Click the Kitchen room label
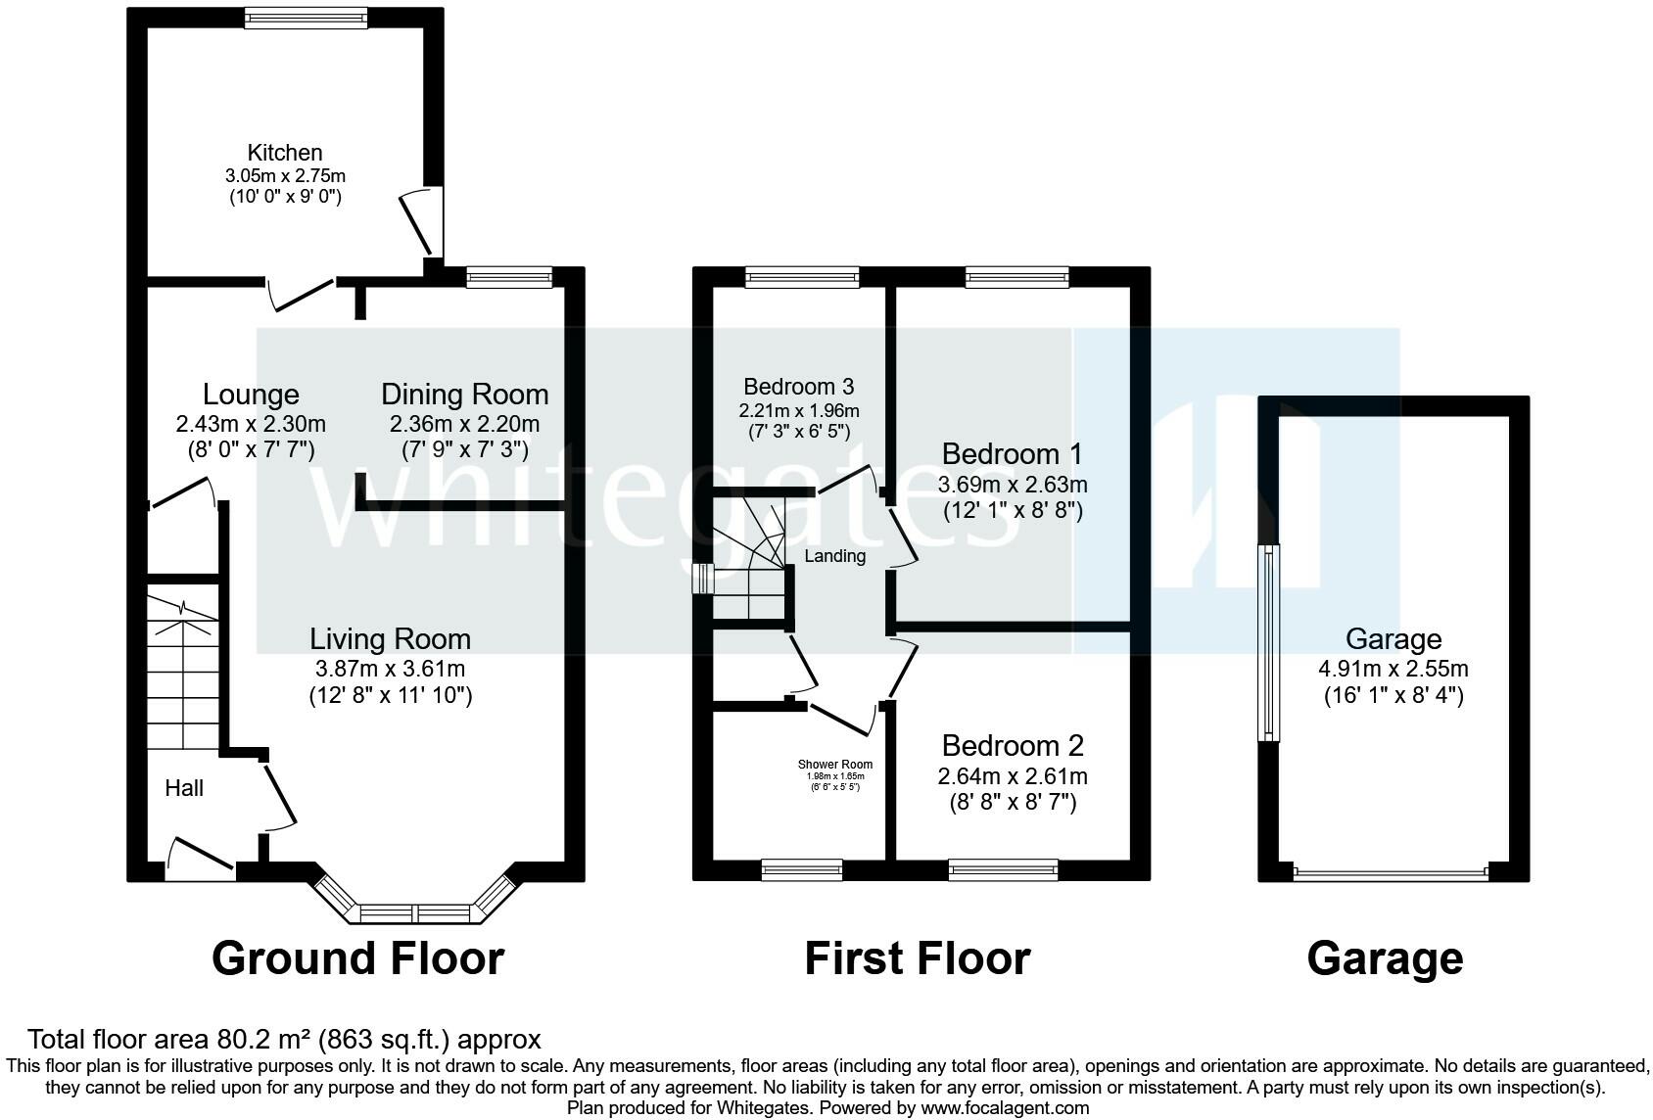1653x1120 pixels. point(284,153)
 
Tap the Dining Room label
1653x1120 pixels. point(464,395)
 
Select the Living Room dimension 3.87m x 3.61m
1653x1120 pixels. point(390,670)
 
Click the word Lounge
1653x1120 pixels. point(251,395)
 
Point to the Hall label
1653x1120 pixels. point(184,788)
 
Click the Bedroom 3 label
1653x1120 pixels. point(798,386)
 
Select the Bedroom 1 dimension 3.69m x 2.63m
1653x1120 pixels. point(1013,485)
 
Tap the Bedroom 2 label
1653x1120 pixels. point(1013,746)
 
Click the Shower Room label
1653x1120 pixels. point(835,765)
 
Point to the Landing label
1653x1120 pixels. point(835,556)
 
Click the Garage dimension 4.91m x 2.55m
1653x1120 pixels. point(1393,670)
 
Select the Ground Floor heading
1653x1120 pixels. point(357,958)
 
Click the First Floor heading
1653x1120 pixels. point(918,958)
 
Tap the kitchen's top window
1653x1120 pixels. point(306,18)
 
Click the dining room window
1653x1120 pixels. point(509,278)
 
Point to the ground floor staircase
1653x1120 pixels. point(183,666)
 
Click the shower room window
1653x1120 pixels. point(801,869)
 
